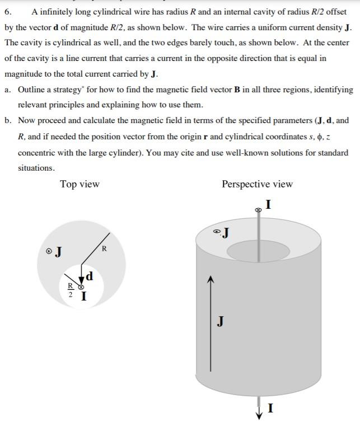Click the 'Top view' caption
pos(80,184)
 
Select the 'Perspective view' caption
pos(257,184)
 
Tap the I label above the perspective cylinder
pos(268,205)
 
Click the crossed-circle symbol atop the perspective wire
pos(258,210)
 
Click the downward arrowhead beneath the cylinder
pos(259,415)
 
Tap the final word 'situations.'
pos(36,168)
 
